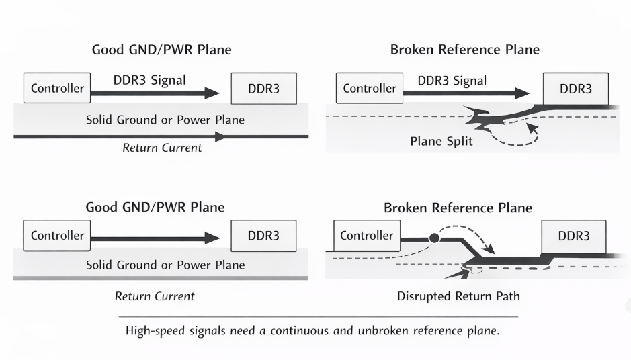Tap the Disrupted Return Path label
[458, 296]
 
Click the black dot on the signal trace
[434, 238]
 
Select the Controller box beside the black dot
[366, 236]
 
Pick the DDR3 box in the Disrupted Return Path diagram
[574, 236]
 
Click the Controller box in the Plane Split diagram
[369, 88]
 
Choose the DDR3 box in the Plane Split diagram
[577, 88]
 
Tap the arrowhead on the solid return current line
[218, 136]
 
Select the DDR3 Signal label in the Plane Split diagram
[452, 81]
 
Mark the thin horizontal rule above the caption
[319, 316]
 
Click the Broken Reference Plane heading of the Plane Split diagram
[464, 50]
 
